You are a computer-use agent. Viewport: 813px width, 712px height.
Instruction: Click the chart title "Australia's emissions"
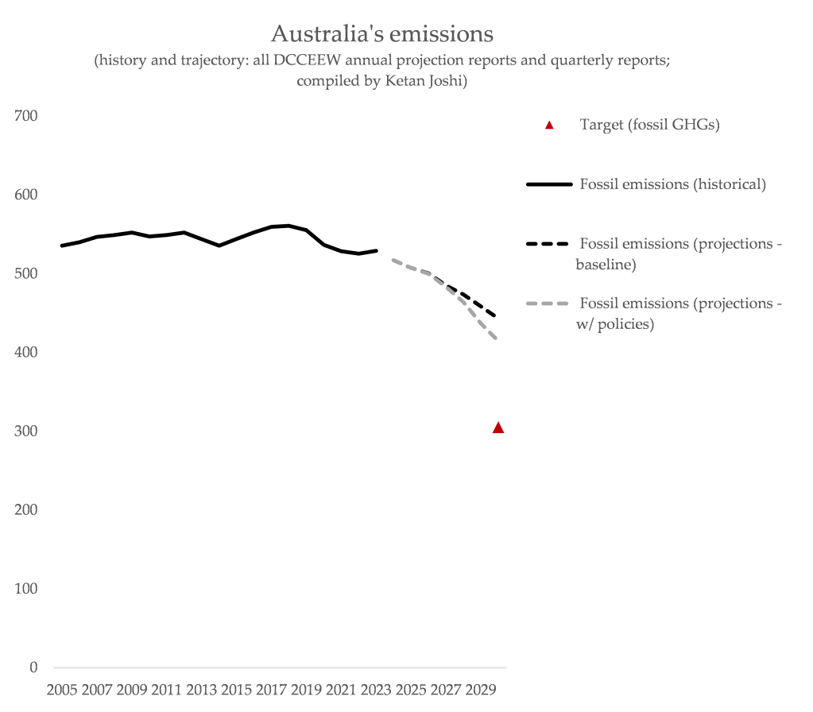[382, 34]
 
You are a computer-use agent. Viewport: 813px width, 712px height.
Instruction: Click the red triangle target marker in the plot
[498, 428]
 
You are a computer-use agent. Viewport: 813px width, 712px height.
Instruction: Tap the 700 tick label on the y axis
[26, 116]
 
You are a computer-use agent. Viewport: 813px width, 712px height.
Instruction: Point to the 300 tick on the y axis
[26, 431]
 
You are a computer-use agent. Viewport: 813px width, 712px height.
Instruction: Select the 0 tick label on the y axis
[33, 667]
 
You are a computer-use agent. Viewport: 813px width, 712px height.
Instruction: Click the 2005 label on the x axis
[63, 689]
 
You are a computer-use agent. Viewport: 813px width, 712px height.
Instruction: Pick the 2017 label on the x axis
[272, 689]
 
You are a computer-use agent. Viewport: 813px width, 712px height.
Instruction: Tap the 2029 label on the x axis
[480, 689]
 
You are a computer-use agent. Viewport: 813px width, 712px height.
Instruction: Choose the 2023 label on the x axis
[376, 689]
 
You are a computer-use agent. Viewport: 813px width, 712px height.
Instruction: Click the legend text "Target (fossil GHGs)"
[649, 125]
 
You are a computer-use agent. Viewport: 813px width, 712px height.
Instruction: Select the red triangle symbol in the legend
[548, 125]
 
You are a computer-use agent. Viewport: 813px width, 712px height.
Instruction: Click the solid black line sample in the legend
[549, 184]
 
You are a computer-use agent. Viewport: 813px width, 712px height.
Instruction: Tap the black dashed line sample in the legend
[549, 244]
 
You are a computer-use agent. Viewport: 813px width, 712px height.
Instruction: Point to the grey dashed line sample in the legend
[549, 304]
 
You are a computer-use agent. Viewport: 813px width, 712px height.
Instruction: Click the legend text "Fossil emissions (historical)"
[672, 184]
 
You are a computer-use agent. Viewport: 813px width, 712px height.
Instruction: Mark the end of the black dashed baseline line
[496, 316]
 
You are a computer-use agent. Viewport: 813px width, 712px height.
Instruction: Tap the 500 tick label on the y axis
[26, 273]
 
